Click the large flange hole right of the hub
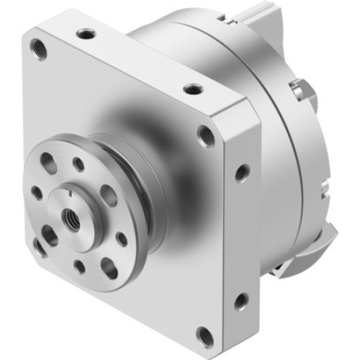109,194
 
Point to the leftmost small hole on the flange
37,192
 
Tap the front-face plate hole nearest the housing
207,135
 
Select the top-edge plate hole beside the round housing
192,89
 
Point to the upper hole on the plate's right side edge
242,173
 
